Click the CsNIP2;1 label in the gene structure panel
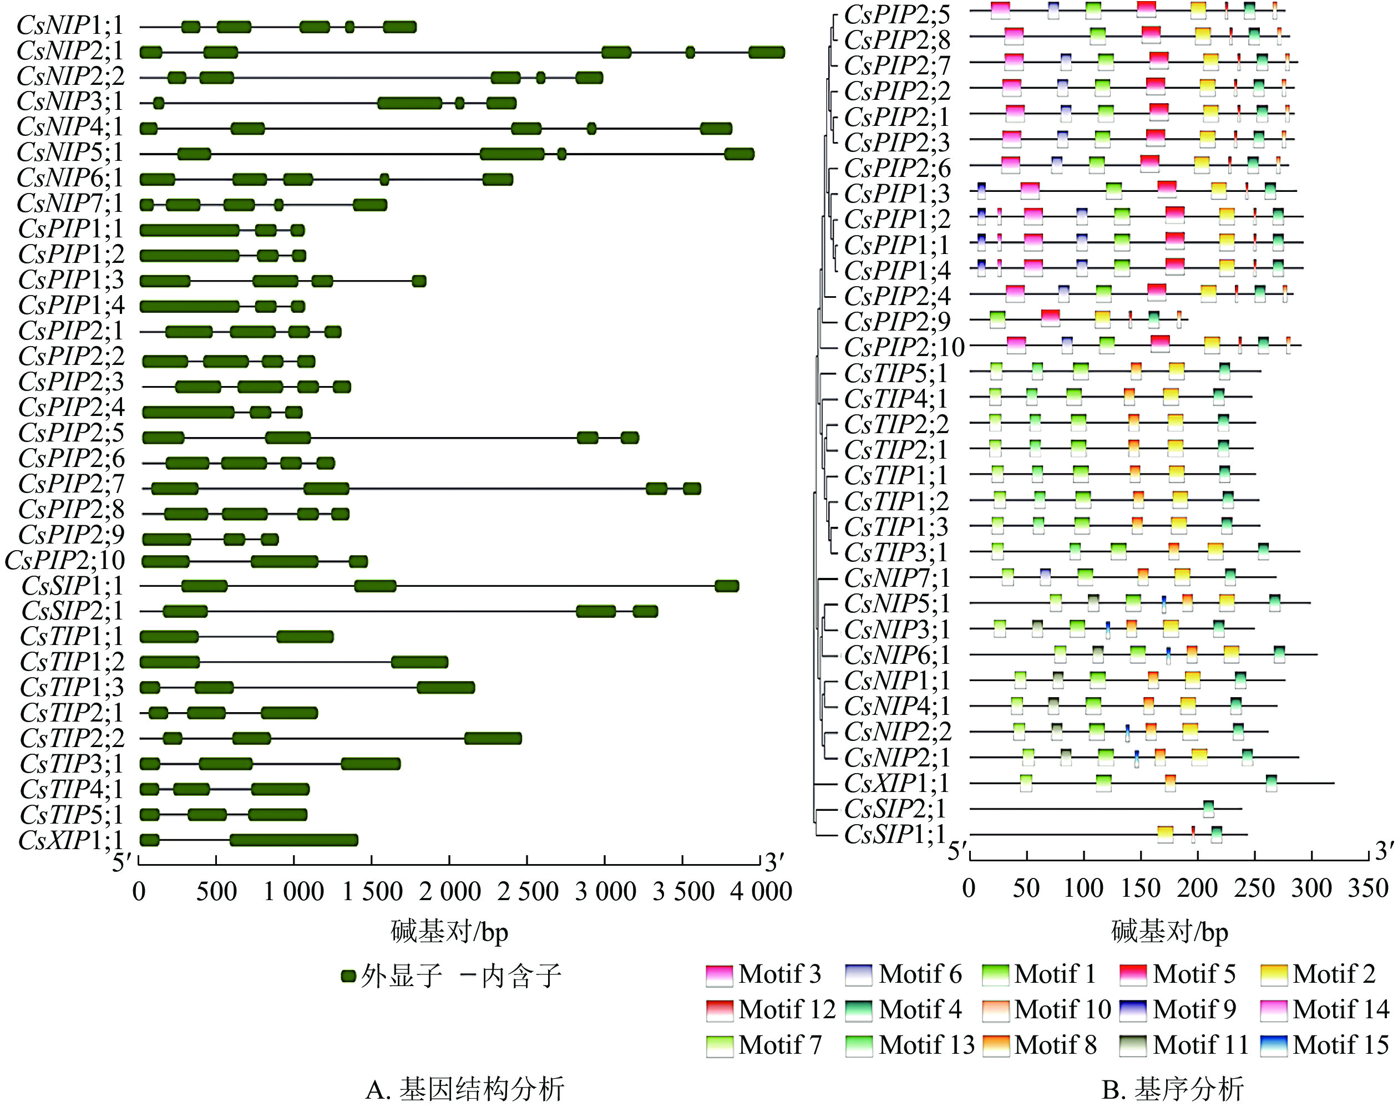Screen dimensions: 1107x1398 click(69, 50)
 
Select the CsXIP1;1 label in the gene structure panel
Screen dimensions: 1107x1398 click(70, 840)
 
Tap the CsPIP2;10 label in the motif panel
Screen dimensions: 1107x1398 click(904, 347)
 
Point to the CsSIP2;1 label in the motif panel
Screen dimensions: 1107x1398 click(894, 809)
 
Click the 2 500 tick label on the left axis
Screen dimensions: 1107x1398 click(528, 891)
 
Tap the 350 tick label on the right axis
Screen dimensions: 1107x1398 click(1367, 888)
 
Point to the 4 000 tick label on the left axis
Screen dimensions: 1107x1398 click(761, 891)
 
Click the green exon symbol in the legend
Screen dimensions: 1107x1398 click(349, 976)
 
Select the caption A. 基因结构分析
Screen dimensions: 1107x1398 click(465, 1089)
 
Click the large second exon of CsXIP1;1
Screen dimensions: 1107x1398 click(293, 841)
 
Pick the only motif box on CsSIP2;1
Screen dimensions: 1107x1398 click(1208, 809)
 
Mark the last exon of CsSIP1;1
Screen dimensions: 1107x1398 click(727, 586)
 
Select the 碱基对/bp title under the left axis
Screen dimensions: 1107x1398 click(449, 931)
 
